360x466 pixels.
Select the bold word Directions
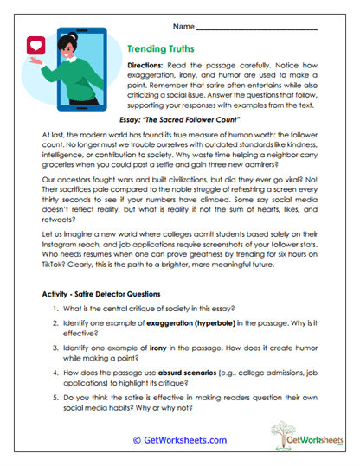tap(151, 66)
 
